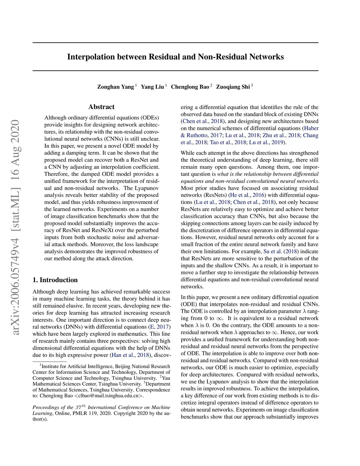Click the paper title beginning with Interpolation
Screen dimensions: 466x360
(175, 57)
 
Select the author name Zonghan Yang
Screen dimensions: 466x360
(115, 87)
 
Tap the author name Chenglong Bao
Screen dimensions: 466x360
(190, 87)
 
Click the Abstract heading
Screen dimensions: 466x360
(101, 107)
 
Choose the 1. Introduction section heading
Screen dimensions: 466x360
(55, 280)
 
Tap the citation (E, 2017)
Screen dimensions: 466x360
(160, 327)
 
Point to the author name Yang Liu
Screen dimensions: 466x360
(152, 87)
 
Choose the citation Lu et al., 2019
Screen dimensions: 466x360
(267, 142)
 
